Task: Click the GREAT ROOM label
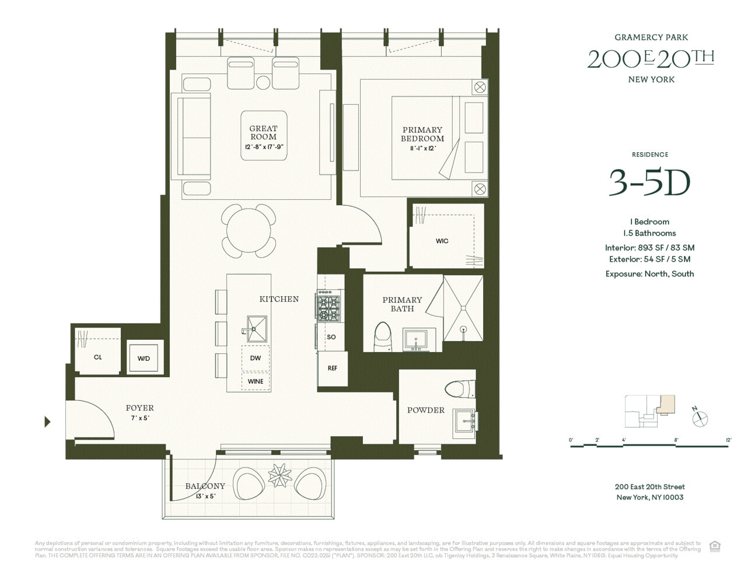263,133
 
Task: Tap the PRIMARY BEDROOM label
422,134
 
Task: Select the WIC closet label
442,241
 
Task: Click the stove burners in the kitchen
328,308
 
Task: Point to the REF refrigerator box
332,368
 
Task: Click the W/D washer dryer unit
144,358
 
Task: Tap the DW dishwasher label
256,358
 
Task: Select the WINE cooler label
256,381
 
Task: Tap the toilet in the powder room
460,389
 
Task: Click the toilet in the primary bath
382,337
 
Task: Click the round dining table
249,231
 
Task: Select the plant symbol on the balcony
279,475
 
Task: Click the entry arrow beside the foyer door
48,422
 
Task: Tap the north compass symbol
700,417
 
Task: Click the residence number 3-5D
649,182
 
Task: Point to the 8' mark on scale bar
676,440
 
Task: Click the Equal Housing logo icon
715,546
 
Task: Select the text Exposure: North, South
649,274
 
